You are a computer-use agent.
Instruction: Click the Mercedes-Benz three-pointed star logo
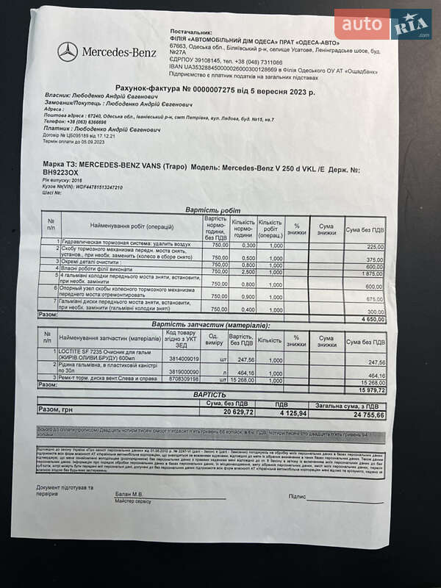point(68,51)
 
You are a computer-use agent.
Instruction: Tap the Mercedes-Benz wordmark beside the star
point(119,52)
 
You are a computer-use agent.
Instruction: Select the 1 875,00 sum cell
point(373,273)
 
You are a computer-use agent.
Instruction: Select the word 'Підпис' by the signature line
point(297,496)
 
